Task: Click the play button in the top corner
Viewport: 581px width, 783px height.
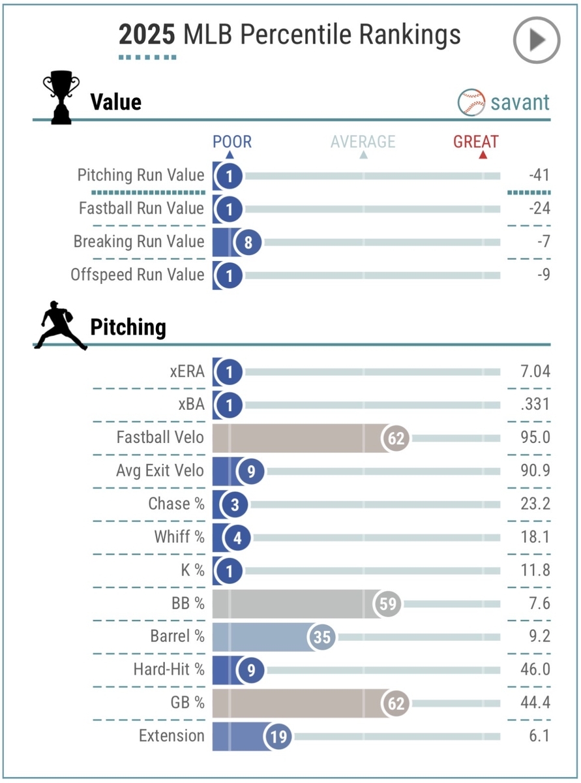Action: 537,40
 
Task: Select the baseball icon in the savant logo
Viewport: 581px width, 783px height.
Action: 471,102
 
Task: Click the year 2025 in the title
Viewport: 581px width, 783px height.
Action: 147,35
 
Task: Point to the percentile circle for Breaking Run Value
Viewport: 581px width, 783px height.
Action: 247,241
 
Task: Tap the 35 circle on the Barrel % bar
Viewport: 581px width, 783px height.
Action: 322,637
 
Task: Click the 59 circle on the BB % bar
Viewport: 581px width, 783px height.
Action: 387,604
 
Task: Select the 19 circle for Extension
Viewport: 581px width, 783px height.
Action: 278,736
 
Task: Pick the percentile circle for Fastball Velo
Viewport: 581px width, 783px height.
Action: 396,438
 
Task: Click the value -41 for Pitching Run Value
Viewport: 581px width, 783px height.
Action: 540,175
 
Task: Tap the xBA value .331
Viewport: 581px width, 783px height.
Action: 536,405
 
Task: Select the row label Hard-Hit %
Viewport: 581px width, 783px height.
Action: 169,669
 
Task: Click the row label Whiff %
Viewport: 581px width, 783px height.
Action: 179,537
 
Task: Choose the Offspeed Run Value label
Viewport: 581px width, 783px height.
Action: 138,275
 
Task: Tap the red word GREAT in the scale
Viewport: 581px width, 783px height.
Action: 476,142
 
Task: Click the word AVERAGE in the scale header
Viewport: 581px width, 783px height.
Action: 363,142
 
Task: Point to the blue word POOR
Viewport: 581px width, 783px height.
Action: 232,142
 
